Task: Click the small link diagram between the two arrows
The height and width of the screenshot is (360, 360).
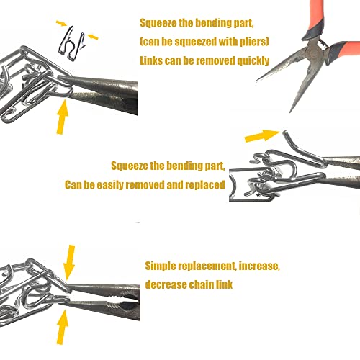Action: (73, 43)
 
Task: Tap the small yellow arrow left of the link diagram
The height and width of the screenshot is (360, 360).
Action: (61, 23)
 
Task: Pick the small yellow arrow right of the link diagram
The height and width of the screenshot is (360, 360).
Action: (93, 37)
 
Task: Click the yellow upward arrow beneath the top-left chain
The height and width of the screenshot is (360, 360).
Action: (62, 117)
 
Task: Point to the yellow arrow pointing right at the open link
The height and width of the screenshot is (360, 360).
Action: (262, 135)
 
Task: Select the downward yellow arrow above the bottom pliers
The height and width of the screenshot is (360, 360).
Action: (69, 263)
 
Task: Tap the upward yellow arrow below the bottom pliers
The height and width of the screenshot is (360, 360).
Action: (63, 328)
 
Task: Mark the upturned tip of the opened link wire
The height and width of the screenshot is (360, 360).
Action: (285, 132)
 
